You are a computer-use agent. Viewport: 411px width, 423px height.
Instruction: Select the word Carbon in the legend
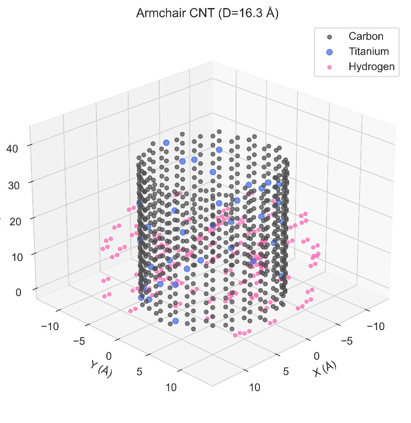[366, 36]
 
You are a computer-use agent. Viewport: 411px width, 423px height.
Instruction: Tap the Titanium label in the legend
[369, 51]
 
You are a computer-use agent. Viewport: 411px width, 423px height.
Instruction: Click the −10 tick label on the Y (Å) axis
[50, 326]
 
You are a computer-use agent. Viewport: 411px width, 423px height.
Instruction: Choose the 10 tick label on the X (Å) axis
[254, 387]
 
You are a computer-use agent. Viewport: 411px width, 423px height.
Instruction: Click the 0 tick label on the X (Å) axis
[316, 356]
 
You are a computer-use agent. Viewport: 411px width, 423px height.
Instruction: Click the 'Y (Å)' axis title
[101, 367]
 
